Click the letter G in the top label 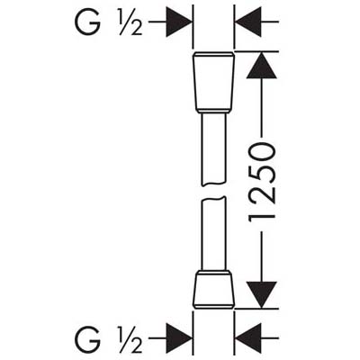coord(87,22)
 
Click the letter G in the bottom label coord(87,338)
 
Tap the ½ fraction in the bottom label coord(130,339)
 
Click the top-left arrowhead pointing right coord(179,22)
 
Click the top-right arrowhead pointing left coord(247,22)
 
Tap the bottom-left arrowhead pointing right coord(179,338)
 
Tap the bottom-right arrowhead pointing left coord(247,338)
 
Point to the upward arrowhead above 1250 coord(261,66)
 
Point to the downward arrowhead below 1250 coord(261,295)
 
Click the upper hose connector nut coord(213,83)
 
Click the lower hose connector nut coord(213,290)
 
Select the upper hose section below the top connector coord(213,148)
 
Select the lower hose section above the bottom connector coord(213,233)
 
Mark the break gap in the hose coord(213,191)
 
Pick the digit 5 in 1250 coord(261,173)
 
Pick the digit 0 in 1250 coord(261,151)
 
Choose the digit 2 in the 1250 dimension coord(261,194)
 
